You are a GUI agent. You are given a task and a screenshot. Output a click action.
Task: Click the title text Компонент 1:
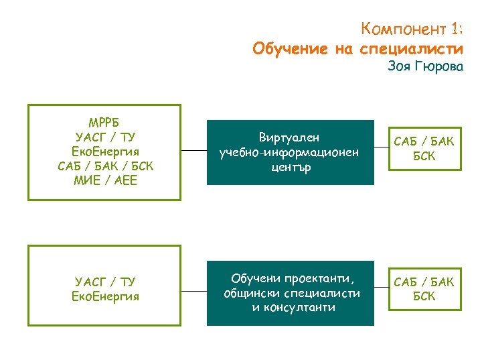pos(411,29)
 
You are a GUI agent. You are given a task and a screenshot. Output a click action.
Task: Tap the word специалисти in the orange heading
pos(411,49)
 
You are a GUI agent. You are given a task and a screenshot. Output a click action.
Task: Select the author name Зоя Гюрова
pos(425,67)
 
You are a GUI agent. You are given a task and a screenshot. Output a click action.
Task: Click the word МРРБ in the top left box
pos(104,123)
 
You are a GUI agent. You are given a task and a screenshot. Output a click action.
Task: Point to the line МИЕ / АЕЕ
pos(104,180)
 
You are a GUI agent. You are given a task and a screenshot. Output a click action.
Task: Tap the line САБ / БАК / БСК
pos(104,166)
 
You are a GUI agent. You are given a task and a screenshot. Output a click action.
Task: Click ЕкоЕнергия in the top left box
pos(104,152)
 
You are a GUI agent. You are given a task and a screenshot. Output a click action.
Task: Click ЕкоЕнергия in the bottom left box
pos(105,296)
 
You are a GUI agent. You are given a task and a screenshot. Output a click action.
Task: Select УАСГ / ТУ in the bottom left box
pos(105,282)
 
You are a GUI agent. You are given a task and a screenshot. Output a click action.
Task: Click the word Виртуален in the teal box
pos(290,137)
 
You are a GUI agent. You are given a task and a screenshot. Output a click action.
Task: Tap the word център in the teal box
pos(290,166)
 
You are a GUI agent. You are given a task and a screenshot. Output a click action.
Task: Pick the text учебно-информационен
pos(290,152)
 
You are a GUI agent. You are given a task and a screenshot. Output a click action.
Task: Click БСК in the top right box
pos(424,156)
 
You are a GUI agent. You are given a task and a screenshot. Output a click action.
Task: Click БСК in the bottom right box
pos(424,296)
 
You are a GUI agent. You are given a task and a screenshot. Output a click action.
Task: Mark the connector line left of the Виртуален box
pos(193,152)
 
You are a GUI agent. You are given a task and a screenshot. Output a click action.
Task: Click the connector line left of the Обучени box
pos(193,292)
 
